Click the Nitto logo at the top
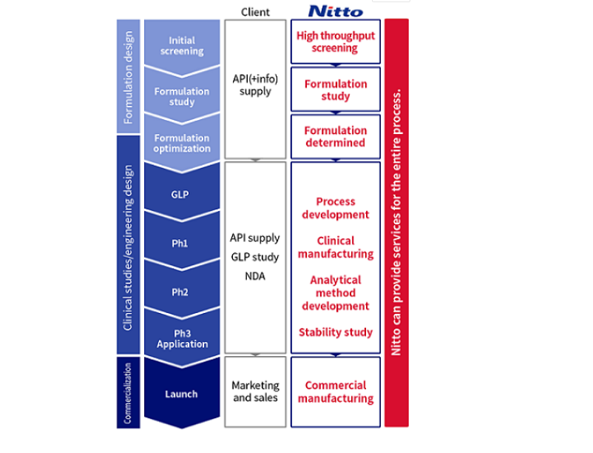tap(335, 10)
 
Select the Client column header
tap(255, 12)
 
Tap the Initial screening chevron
tap(182, 46)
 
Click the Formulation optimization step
tap(182, 143)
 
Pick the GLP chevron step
tap(180, 195)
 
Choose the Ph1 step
tap(180, 243)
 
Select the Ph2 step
tap(180, 292)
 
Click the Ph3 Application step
tap(181, 338)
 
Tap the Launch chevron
tap(181, 394)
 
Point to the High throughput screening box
tap(336, 42)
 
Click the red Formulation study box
tap(336, 90)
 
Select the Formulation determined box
tap(336, 137)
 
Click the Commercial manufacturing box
tap(336, 392)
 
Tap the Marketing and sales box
tap(255, 392)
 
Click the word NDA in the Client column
tap(255, 276)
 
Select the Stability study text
tap(336, 332)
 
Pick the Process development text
tap(336, 208)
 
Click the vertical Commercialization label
tap(127, 392)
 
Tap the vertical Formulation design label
tap(127, 76)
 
